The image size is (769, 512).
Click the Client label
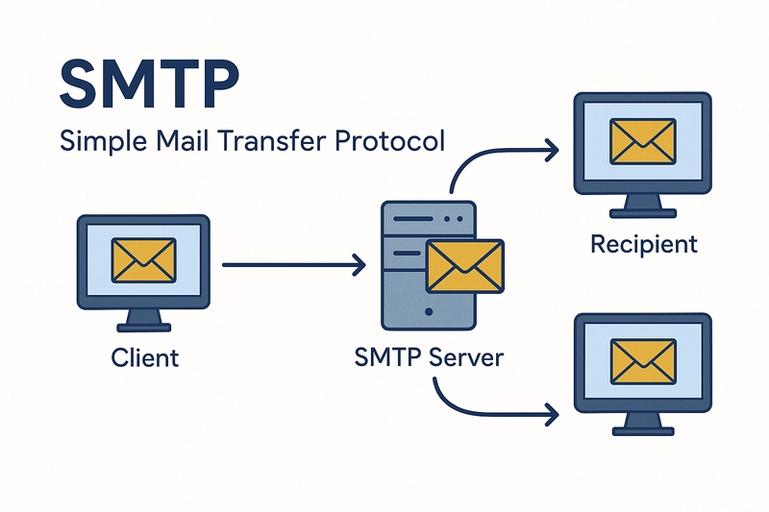(x=145, y=358)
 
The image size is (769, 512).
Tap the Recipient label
(x=643, y=244)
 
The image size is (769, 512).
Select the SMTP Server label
(x=429, y=359)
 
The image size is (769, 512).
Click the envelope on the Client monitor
(x=144, y=259)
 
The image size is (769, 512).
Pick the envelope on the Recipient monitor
(x=642, y=140)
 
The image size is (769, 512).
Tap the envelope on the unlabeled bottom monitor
(x=642, y=359)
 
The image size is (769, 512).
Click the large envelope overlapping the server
(x=464, y=266)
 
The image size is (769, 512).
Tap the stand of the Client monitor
(x=144, y=320)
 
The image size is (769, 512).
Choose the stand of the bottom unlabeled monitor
(x=642, y=422)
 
